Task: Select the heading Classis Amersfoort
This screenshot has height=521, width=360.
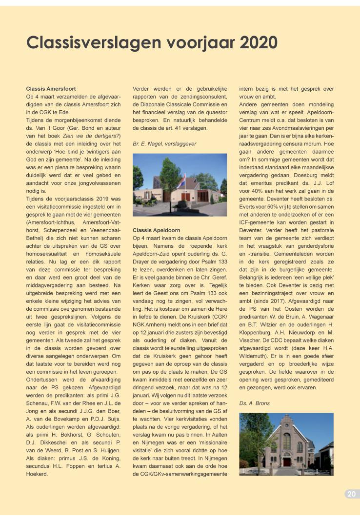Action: tap(51, 89)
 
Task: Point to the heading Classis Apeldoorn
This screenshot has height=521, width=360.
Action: tap(157, 229)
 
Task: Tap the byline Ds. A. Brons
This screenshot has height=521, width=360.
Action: tap(254, 403)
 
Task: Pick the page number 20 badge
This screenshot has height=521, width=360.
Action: tap(351, 494)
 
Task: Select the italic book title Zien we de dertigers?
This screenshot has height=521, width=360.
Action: tap(95, 135)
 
